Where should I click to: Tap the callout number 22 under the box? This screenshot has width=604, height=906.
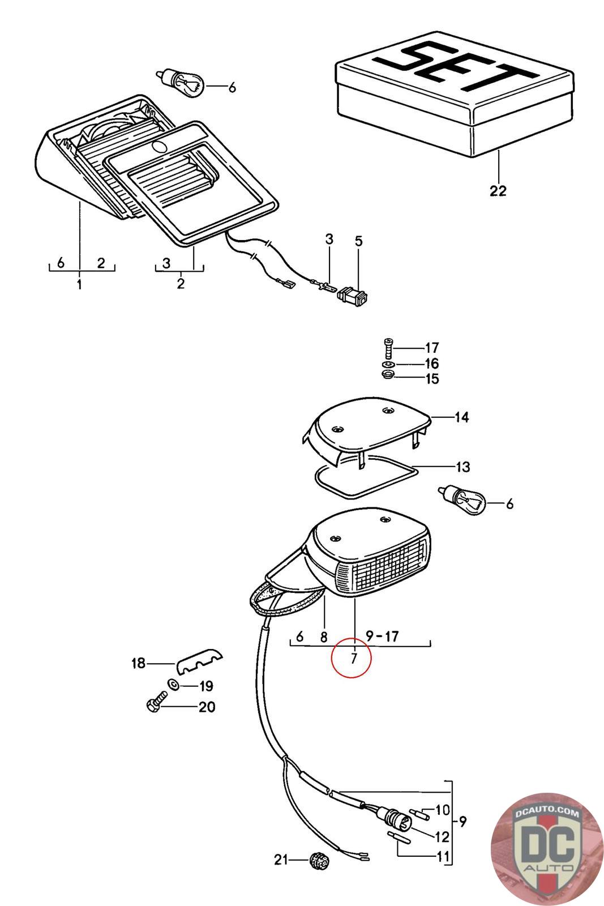[498, 190]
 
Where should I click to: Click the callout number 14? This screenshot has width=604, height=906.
[462, 418]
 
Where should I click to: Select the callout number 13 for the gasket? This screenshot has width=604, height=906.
[463, 467]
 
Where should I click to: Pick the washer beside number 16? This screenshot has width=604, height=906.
[387, 364]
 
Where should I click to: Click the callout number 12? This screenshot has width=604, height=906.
[442, 836]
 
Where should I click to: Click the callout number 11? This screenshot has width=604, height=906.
[442, 856]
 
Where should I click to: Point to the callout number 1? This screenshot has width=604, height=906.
[79, 284]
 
